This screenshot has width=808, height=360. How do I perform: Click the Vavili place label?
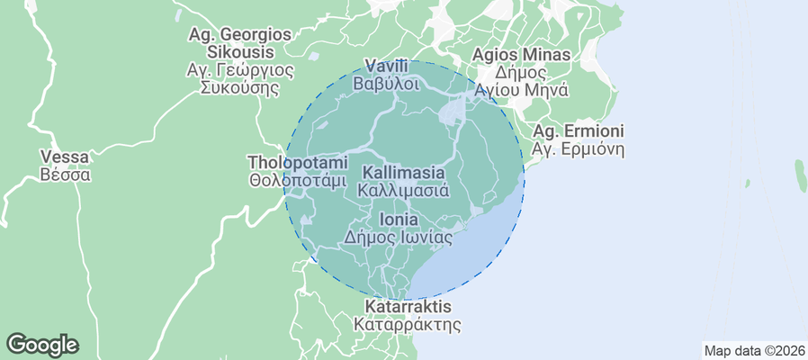click(387, 66)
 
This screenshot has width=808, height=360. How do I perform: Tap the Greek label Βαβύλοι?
click(387, 84)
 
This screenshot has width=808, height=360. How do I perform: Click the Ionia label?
click(398, 220)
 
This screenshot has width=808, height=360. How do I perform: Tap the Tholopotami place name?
click(297, 162)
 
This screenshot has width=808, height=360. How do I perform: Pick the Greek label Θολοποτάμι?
click(297, 179)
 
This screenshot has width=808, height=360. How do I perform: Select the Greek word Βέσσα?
click(66, 175)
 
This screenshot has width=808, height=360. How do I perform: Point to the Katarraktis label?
click(407, 307)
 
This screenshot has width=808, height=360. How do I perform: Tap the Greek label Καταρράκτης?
click(407, 324)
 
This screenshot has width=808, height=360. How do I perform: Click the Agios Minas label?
click(522, 55)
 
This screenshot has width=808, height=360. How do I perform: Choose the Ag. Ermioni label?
click(579, 131)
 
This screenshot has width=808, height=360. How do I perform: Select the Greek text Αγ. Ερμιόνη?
click(579, 149)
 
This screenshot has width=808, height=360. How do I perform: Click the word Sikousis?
click(239, 51)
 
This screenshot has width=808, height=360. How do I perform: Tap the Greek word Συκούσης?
click(239, 87)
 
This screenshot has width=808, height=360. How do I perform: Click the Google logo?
click(42, 344)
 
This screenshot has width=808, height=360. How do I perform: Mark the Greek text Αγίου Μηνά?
click(522, 90)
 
